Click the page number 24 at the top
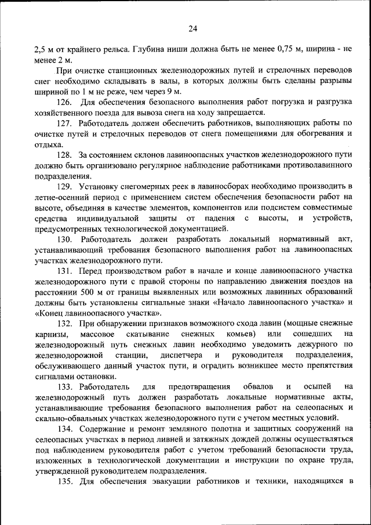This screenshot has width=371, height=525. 193,29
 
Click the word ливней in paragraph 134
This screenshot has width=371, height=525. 177,439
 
